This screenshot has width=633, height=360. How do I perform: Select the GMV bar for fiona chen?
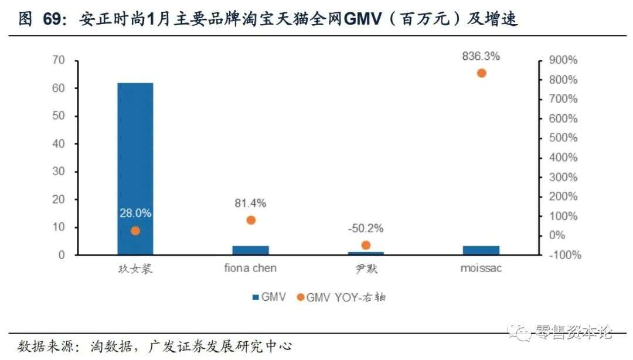[250, 250]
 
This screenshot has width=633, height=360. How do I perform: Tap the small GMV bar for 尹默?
[366, 253]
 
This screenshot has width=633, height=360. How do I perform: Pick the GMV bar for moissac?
[481, 250]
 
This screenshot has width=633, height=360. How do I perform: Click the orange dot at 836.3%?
[481, 73]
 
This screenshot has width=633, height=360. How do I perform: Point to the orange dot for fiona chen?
[251, 220]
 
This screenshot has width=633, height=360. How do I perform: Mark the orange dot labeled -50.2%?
[366, 245]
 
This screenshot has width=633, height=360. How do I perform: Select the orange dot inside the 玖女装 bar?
[135, 230]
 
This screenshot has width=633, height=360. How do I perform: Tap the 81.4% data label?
[250, 203]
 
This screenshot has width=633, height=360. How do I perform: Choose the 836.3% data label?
[481, 57]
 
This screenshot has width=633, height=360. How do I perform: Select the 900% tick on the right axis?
[563, 60]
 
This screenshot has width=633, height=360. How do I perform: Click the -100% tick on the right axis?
[563, 255]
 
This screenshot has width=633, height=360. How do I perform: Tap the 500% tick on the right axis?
[563, 138]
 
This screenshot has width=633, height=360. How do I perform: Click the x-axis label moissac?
[481, 269]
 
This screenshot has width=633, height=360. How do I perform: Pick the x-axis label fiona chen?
[250, 269]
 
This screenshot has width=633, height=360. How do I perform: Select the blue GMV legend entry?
[269, 297]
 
